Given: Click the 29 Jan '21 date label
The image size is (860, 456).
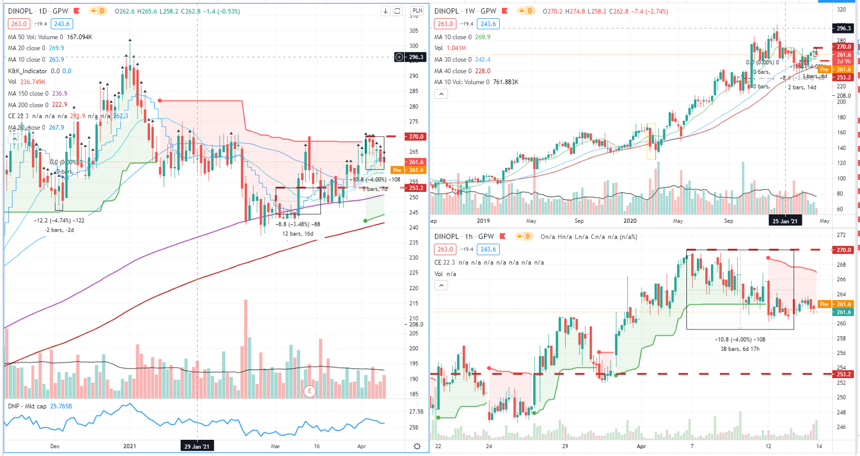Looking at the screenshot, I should coord(197,447).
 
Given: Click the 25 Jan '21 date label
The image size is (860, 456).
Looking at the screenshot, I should coord(785,221).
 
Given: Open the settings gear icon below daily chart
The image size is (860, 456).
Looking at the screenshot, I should coord(417,446).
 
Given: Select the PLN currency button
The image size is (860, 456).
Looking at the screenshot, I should coord(417,10).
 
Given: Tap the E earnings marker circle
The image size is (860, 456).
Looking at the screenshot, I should coord(309,391).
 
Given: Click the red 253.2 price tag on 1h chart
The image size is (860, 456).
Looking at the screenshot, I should coord(844,374).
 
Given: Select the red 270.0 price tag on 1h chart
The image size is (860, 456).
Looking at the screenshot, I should coord(844,250).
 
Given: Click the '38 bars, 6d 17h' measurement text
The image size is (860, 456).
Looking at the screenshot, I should coord(740,349).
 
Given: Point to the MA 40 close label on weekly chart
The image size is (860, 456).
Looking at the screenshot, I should coord(462,71).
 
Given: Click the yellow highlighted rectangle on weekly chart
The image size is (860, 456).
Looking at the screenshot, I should coord(651,141).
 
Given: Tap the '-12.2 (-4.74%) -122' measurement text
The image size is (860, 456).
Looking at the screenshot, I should coord(59,221).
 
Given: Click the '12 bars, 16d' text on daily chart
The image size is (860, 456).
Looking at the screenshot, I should coord(298,234).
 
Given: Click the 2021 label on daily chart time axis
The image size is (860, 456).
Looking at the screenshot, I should coord(130,447).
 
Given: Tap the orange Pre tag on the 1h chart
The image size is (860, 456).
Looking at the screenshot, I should coord(824,304).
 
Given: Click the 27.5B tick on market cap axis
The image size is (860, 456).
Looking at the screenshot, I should coord(416,412).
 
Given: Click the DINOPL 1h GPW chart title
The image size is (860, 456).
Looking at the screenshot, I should coord(464,237).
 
